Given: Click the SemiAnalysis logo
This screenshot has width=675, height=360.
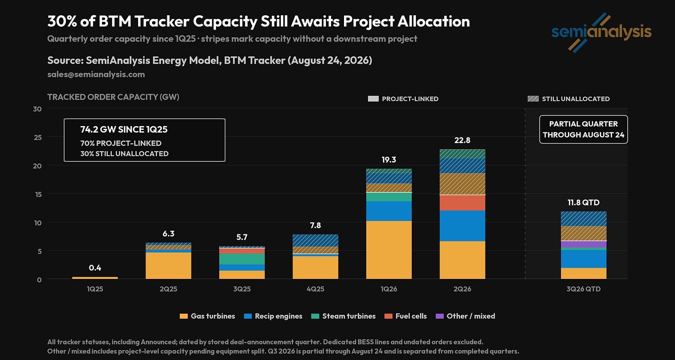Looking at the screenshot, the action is [601, 32].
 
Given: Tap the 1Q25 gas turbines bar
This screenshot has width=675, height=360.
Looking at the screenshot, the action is [95, 278].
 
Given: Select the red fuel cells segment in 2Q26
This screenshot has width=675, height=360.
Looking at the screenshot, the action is [462, 203].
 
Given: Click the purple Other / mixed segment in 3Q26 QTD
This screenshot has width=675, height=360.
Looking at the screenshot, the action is [583, 244].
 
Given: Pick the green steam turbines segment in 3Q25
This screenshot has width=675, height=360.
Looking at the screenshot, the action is [242, 259].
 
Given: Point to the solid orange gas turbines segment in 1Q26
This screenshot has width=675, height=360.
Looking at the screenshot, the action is [388, 250].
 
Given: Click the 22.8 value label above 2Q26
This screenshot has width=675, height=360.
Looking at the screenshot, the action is [462, 140].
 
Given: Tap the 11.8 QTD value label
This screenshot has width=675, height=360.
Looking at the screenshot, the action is [583, 202].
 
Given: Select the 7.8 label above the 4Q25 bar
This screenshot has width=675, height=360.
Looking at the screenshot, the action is [316, 225].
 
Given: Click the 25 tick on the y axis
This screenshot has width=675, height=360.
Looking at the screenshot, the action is [38, 137].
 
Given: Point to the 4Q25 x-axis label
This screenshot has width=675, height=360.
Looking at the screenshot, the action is [316, 289].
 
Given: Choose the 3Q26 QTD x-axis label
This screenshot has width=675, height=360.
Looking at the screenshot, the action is [583, 289].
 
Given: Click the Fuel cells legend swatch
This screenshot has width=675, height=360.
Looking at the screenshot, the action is [388, 316].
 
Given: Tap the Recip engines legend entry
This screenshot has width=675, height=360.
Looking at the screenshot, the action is [273, 316].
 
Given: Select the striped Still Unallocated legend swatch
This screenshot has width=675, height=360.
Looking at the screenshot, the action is [533, 99].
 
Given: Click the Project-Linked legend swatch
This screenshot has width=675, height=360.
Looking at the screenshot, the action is [373, 99].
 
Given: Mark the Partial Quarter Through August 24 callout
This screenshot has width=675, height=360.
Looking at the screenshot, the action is [583, 129].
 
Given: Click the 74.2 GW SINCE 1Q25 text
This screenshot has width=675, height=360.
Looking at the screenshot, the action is [124, 130].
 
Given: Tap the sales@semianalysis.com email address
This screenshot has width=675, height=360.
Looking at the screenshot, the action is [96, 75].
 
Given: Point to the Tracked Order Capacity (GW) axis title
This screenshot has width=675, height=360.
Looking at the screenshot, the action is [113, 97].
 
